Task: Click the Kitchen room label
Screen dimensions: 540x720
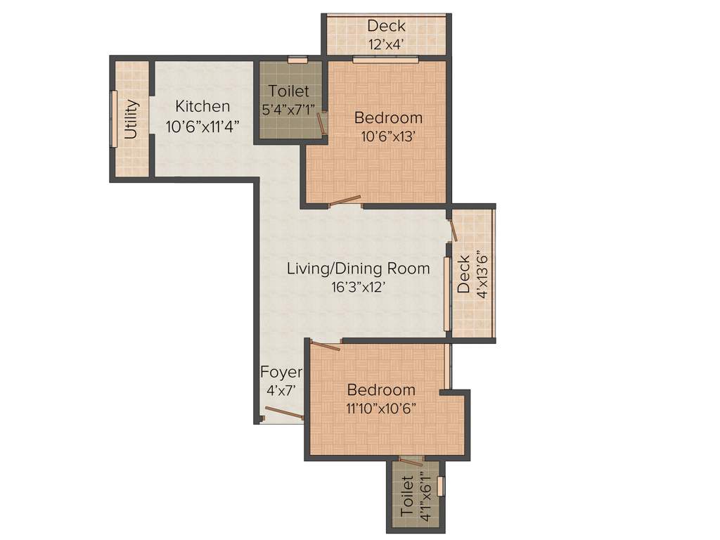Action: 202,107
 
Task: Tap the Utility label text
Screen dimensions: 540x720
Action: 131,120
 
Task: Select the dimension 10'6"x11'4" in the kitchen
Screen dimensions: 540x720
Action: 202,127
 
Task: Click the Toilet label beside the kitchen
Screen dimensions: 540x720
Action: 288,92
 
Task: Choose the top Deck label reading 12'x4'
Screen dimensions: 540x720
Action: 386,26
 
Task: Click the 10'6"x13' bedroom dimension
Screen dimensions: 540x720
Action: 388,137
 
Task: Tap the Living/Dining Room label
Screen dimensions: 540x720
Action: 358,269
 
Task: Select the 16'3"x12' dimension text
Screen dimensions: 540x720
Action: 359,287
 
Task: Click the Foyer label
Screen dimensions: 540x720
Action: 281,372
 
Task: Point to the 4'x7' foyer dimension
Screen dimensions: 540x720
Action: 281,390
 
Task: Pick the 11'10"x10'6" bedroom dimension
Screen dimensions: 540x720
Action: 380,409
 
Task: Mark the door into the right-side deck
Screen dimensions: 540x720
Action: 454,231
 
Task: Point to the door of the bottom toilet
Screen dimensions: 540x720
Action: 410,461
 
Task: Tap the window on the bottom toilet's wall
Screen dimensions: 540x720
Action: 441,486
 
